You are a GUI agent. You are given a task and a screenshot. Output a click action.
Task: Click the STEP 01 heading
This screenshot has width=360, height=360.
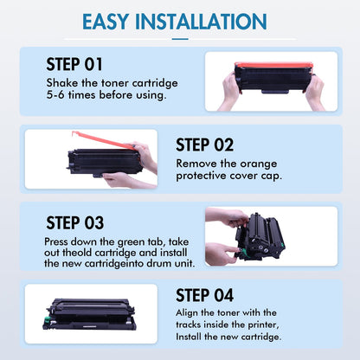74,65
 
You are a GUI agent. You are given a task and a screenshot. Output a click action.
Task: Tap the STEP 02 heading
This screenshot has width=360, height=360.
204,145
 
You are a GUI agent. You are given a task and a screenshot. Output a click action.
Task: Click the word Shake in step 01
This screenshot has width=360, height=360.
61,82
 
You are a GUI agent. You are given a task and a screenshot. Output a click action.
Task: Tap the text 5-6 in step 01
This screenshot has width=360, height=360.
56,95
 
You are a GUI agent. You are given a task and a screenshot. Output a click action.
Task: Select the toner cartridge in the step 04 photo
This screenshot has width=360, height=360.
91,313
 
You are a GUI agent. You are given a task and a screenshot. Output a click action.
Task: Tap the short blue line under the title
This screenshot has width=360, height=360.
180,38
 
